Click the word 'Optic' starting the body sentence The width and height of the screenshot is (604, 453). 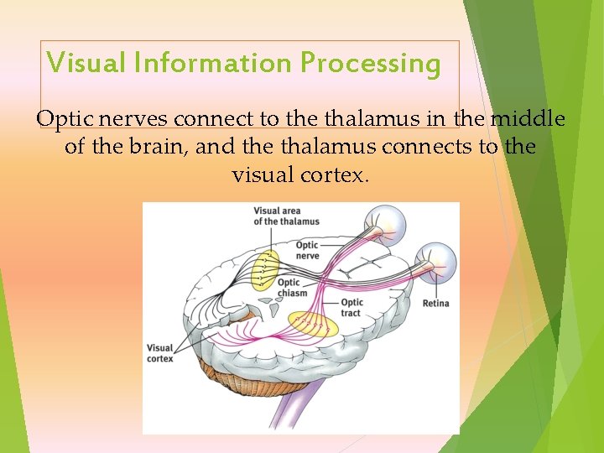click(60, 119)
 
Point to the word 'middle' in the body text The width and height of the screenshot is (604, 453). click(527, 119)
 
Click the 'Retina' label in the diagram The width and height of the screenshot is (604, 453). click(435, 303)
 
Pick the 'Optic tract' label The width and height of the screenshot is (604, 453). click(351, 307)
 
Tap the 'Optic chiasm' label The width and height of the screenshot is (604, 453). click(292, 288)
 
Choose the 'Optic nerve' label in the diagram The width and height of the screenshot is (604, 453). click(307, 250)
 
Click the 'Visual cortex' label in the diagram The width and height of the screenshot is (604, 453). click(159, 353)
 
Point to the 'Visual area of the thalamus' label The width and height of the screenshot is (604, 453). click(286, 216)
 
